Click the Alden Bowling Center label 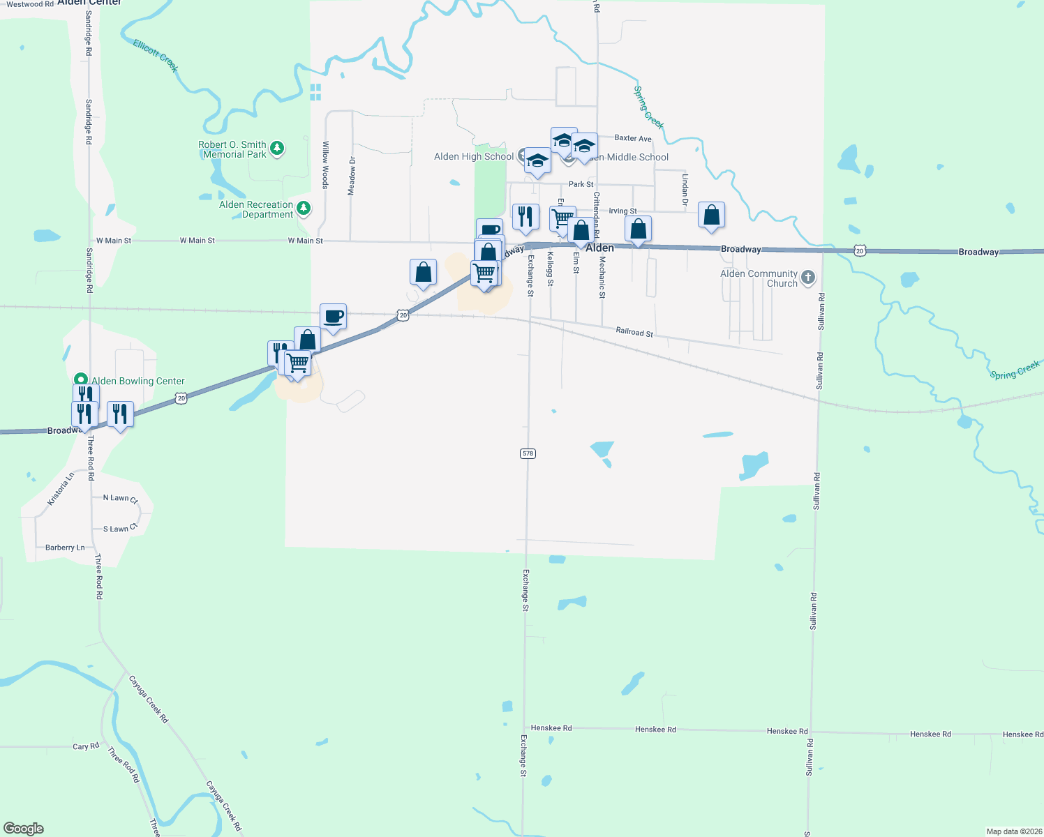click(138, 381)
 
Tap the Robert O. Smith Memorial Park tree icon click(278, 148)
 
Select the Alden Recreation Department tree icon click(304, 208)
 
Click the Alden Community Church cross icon click(808, 278)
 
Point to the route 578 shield click(528, 453)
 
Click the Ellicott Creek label click(156, 56)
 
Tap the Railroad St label click(634, 332)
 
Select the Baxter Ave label click(633, 138)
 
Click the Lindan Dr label click(685, 190)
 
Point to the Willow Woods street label click(325, 165)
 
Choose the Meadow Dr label click(352, 176)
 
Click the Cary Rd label click(86, 746)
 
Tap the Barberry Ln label click(65, 548)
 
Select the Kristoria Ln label click(60, 489)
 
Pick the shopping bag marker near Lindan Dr click(711, 216)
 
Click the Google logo click(24, 829)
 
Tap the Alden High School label click(474, 156)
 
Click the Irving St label click(622, 211)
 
